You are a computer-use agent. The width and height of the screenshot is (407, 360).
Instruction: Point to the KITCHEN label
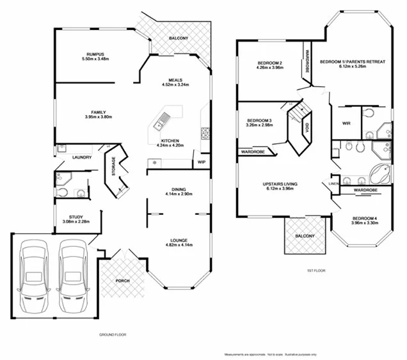tap(170, 140)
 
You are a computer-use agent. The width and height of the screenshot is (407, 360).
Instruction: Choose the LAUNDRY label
tap(81, 157)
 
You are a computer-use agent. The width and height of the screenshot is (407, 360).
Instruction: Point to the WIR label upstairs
tap(347, 123)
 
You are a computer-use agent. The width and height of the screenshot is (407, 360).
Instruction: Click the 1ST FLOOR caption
tap(316, 270)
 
